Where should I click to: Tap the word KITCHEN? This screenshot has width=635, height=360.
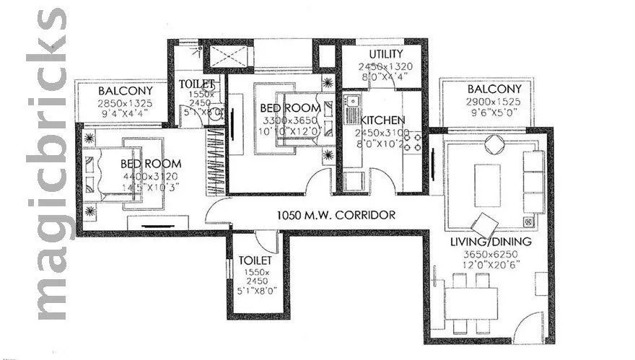382,120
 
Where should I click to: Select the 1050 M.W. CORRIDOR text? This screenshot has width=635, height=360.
337,215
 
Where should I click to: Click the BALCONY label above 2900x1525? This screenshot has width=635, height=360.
494,89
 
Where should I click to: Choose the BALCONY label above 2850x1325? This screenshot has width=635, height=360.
125,92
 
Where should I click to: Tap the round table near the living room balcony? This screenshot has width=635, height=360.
497,144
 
